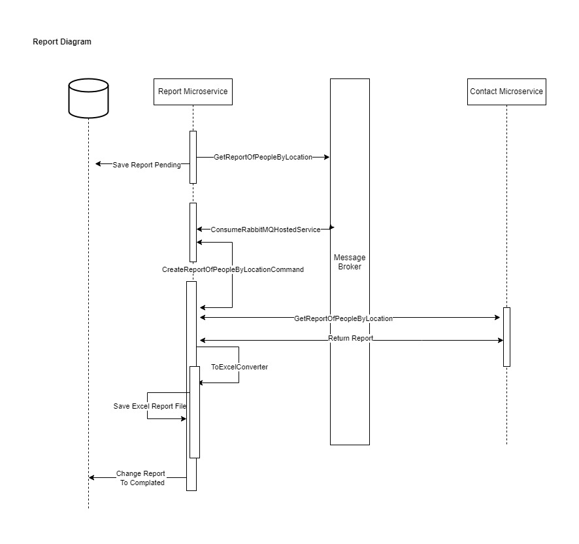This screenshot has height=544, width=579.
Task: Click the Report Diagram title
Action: [62, 42]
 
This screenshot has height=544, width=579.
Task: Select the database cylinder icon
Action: [88, 98]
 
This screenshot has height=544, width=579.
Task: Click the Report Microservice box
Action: [193, 92]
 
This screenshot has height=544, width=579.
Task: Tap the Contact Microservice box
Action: [506, 92]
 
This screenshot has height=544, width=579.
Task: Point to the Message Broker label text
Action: [350, 262]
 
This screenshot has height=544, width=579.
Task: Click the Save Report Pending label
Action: [146, 165]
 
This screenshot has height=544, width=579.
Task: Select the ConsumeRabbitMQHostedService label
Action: [265, 230]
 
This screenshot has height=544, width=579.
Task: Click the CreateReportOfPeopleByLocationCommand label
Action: [233, 269]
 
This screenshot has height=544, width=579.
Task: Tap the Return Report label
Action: [350, 339]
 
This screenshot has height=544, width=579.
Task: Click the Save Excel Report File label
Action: [150, 406]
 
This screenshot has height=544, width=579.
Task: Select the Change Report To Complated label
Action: [141, 478]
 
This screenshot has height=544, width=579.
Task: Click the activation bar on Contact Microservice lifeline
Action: [506, 337]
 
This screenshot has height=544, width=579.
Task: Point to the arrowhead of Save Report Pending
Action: [98, 164]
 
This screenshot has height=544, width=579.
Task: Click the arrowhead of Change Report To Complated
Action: [92, 478]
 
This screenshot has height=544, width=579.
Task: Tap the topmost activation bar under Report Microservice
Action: [193, 157]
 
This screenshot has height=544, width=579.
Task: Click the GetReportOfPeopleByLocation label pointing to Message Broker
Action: [263, 157]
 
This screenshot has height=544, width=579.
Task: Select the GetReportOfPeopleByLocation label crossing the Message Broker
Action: [343, 318]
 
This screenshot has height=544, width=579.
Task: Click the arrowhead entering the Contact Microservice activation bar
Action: [497, 318]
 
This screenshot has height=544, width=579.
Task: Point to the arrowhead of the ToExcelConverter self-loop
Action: [202, 382]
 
